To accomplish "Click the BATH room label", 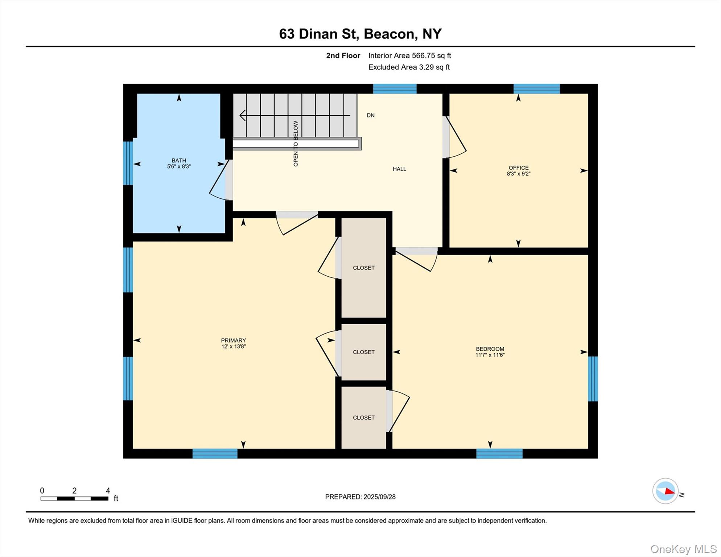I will [179, 161].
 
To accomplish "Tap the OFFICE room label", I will [518, 168].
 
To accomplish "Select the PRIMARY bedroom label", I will [233, 341].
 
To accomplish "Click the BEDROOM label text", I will [490, 349].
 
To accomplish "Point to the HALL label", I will [399, 169].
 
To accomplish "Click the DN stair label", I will [370, 115].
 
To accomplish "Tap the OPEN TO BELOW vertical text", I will [296, 144].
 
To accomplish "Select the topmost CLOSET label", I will [363, 268].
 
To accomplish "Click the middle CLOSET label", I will [363, 352].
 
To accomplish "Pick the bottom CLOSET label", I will [363, 418].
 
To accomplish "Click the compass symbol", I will [665, 491].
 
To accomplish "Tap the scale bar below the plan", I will [74, 499].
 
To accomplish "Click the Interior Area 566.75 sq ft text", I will [409, 55].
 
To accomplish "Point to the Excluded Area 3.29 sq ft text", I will [409, 67].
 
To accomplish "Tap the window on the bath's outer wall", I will [128, 163].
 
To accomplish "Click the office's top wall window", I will [536, 89].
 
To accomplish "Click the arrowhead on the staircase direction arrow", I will [242, 115].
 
